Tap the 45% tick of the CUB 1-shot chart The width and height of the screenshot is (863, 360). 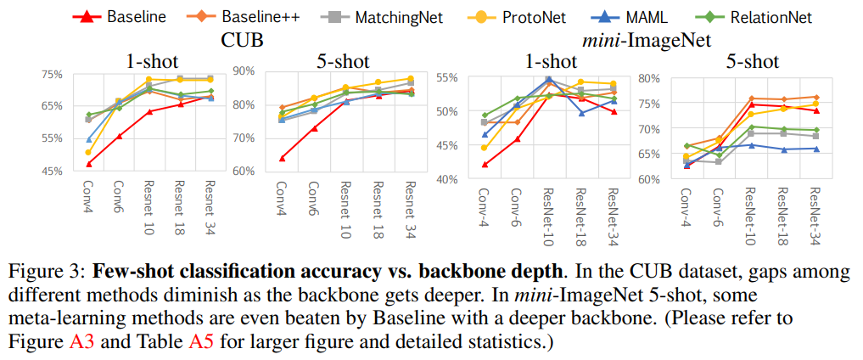pos(50,171)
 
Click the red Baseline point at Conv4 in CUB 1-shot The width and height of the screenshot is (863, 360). pos(88,164)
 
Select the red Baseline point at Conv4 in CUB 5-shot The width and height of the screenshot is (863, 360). pos(282,158)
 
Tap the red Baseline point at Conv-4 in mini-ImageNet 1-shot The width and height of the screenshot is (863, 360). pos(485,165)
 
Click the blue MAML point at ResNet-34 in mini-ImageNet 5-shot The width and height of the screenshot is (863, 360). pos(816,149)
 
